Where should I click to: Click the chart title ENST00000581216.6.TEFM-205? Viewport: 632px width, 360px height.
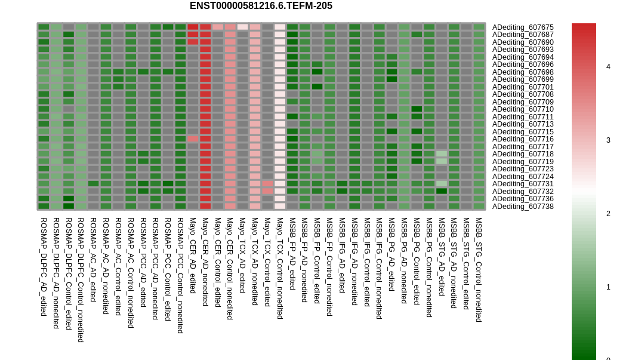261,5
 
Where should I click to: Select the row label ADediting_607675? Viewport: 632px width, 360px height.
523,27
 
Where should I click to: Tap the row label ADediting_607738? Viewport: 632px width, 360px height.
523,207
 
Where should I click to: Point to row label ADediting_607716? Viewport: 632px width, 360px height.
523,139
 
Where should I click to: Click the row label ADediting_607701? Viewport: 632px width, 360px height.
523,87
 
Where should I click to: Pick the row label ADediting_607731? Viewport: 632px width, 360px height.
523,184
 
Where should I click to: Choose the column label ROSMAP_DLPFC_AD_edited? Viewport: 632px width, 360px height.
44,266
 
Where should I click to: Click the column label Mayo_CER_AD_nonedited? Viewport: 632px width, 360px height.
205,261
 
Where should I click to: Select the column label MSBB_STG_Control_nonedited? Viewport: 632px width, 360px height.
479,270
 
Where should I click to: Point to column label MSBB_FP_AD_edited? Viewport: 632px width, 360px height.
292,254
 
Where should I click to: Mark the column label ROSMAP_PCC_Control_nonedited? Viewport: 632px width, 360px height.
181,275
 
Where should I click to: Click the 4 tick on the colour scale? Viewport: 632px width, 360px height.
608,67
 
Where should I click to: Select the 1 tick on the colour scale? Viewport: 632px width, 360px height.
608,287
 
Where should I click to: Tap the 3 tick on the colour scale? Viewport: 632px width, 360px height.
608,140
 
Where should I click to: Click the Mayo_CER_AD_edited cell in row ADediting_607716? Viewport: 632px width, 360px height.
193,139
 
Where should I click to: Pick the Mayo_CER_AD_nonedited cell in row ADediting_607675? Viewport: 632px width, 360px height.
205,27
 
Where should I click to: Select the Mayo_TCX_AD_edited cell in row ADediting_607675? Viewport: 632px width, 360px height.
243,27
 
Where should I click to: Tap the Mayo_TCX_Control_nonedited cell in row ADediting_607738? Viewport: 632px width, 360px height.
280,206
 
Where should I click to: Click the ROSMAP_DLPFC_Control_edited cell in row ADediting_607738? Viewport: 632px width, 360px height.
69,206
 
